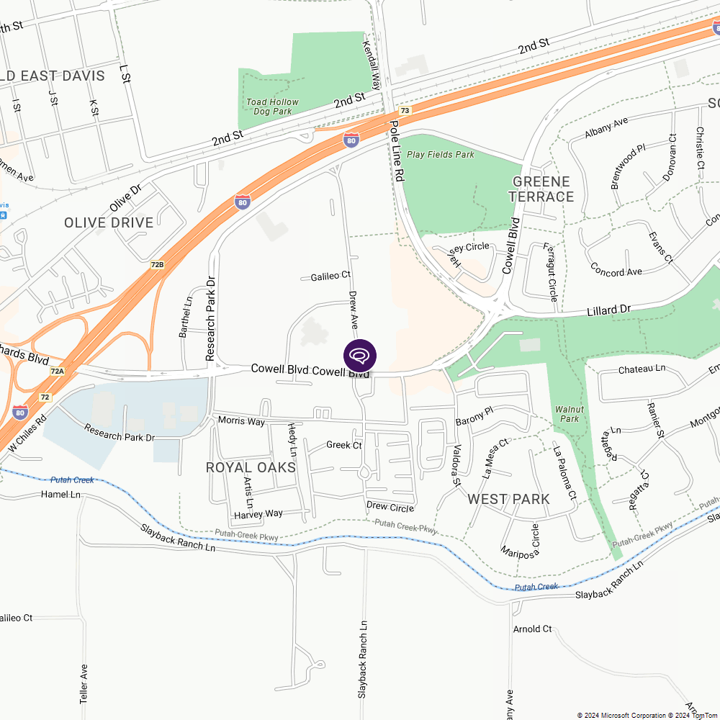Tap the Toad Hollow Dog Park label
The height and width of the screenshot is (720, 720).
pos(273,107)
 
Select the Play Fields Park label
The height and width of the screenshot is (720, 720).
pos(441,154)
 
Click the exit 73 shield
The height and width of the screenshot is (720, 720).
pos(405,111)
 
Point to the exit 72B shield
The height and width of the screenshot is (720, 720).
pos(158,265)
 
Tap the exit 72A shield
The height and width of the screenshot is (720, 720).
pos(58,372)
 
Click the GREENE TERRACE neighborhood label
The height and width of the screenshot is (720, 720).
pos(541,189)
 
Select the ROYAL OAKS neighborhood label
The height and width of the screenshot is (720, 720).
pos(251,468)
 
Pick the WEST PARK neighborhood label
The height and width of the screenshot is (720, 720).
pos(508,499)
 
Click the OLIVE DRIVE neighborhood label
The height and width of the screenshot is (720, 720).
pos(109,222)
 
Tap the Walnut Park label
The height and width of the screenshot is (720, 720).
pos(567,414)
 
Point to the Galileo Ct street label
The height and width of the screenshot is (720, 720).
pos(330,276)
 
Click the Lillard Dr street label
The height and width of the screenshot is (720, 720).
pos(608,310)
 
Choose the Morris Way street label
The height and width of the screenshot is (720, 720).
pos(241,420)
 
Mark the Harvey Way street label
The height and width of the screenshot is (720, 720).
pos(258,514)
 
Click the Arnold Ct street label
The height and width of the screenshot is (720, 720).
pos(532,629)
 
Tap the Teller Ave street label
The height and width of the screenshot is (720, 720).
pos(84,683)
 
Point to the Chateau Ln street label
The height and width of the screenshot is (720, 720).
pos(642,369)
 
